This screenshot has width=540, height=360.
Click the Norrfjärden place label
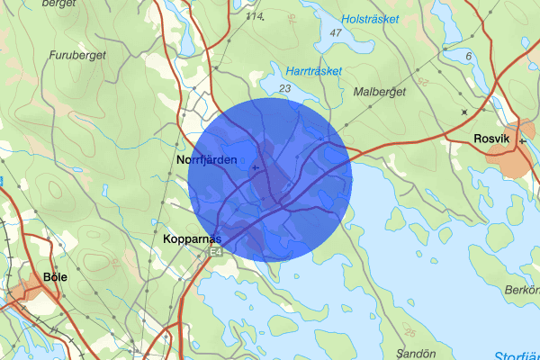coord(208,159)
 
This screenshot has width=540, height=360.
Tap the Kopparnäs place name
coord(193,240)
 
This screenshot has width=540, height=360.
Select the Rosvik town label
coord(492,139)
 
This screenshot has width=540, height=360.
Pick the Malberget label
coord(380,91)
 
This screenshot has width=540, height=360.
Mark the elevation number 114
coord(256,17)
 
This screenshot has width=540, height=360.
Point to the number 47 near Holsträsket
coord(337,33)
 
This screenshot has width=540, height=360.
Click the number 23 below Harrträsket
coord(285,88)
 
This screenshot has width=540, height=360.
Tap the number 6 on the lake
coord(469,56)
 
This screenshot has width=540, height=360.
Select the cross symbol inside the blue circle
coord(256,167)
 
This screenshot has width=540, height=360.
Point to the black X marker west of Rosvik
coord(464,112)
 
